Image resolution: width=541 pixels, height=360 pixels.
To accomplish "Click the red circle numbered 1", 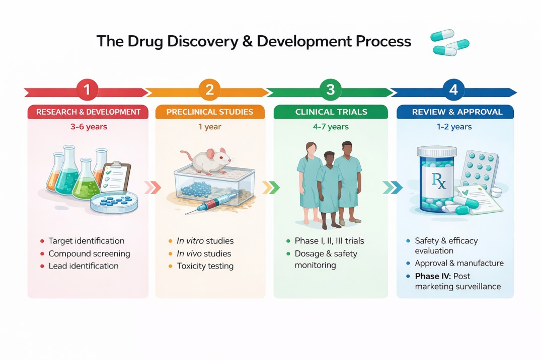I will click(87, 91).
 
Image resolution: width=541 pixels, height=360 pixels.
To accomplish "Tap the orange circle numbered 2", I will click(209, 91).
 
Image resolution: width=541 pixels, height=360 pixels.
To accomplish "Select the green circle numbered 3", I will click(331, 91).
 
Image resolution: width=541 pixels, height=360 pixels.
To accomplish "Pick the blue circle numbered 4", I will click(453, 91).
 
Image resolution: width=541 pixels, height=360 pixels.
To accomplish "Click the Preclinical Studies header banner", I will click(209, 112).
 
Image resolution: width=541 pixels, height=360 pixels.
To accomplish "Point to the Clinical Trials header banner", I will click(331, 112).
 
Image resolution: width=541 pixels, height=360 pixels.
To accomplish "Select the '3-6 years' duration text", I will click(89, 127).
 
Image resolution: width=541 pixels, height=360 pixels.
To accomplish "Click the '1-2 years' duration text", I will click(454, 127).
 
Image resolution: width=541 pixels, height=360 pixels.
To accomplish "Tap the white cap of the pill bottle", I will click(436, 151).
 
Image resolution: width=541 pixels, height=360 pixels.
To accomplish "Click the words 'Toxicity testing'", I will click(205, 266).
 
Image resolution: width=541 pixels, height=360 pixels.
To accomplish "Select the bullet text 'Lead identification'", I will click(84, 266).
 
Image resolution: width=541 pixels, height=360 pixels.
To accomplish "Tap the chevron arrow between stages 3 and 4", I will click(393, 188).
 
